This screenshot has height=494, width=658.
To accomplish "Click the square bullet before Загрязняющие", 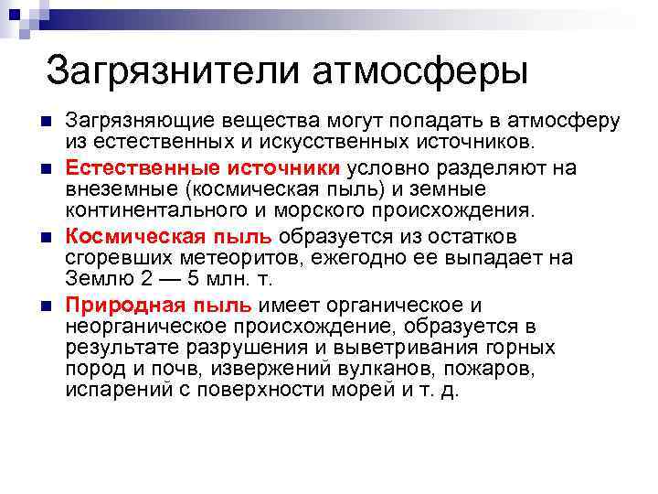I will point(47,122).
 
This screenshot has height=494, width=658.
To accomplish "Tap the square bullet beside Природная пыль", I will point(47,304).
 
